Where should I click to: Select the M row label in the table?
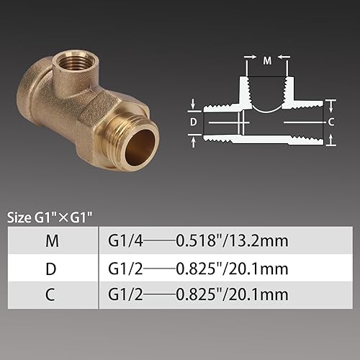click(52, 241)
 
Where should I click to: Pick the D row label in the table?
click(52, 269)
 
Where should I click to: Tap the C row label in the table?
click(52, 294)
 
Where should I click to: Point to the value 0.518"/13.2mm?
click(232, 241)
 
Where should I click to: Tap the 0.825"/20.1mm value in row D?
click(232, 269)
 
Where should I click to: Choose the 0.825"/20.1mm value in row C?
click(232, 294)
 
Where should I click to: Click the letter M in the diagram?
click(267, 61)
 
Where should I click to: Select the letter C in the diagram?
click(330, 122)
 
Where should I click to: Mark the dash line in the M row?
click(157, 241)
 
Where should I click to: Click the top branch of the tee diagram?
click(267, 90)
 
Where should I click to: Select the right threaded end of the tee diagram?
click(306, 122)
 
